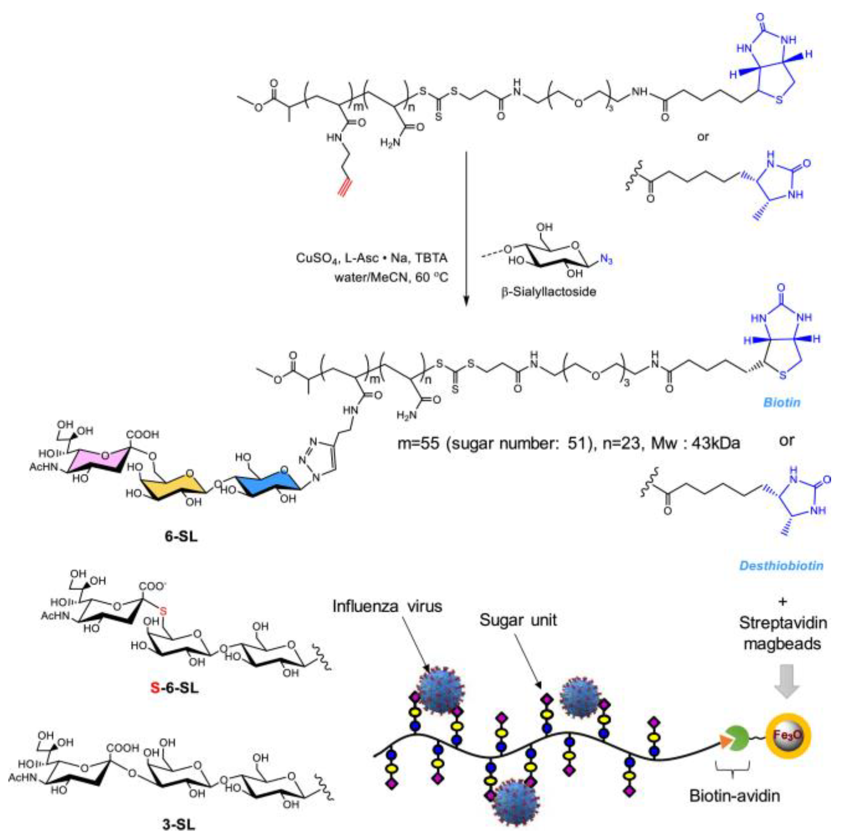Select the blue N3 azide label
pyautogui.click(x=606, y=259)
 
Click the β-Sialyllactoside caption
pyautogui.click(x=548, y=291)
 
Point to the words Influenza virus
pyautogui.click(x=387, y=606)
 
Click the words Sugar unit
pyautogui.click(x=517, y=620)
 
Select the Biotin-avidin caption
pyautogui.click(x=734, y=796)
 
